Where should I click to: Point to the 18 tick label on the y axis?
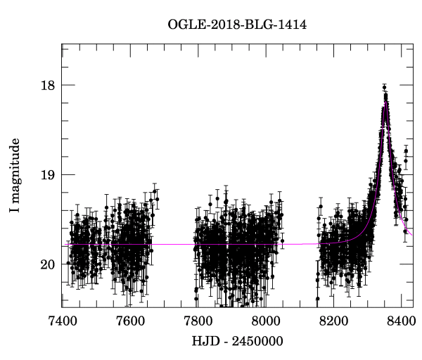[46, 85]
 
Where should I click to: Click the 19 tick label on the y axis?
[46, 175]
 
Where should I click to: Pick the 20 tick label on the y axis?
[46, 264]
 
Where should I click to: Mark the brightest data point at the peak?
[384, 88]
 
